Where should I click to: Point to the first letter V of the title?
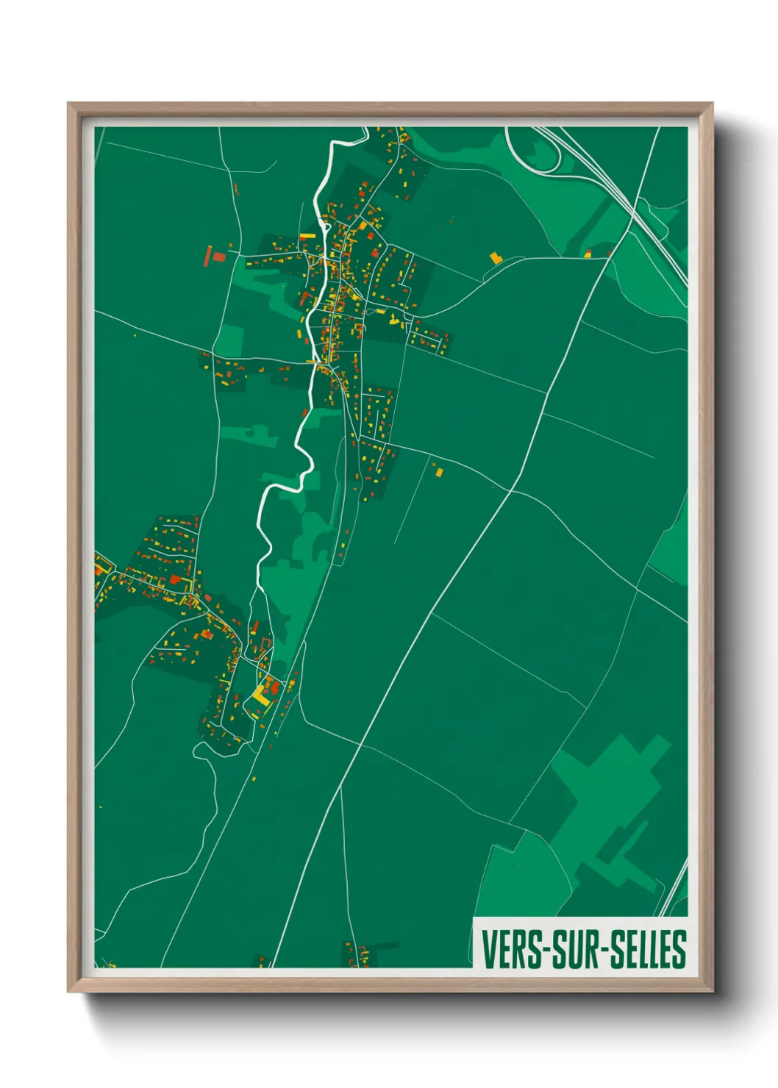[x=488, y=949]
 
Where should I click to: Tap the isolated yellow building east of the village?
[x=495, y=258]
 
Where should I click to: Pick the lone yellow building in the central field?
[x=439, y=472]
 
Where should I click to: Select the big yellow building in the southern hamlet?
[x=261, y=695]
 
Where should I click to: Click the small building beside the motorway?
[x=588, y=254]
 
